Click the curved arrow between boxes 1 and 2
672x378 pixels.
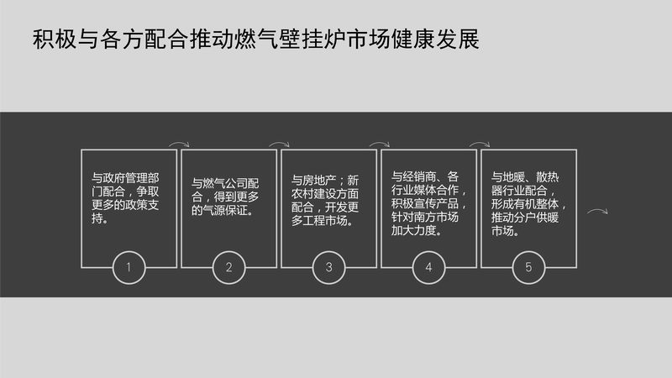point(179,143)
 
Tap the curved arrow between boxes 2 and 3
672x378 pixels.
point(279,143)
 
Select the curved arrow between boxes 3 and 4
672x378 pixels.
point(380,143)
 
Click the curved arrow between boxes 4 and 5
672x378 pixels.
point(479,143)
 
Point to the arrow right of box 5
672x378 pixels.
point(597,210)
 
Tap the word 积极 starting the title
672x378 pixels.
point(55,39)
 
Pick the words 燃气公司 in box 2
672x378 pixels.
point(225,183)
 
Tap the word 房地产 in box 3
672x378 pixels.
point(319,180)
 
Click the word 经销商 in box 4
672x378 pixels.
point(419,176)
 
